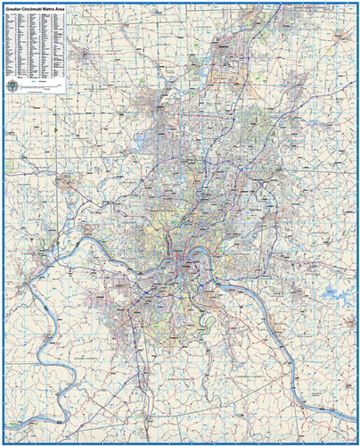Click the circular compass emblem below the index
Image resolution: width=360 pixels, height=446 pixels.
[12, 83]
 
